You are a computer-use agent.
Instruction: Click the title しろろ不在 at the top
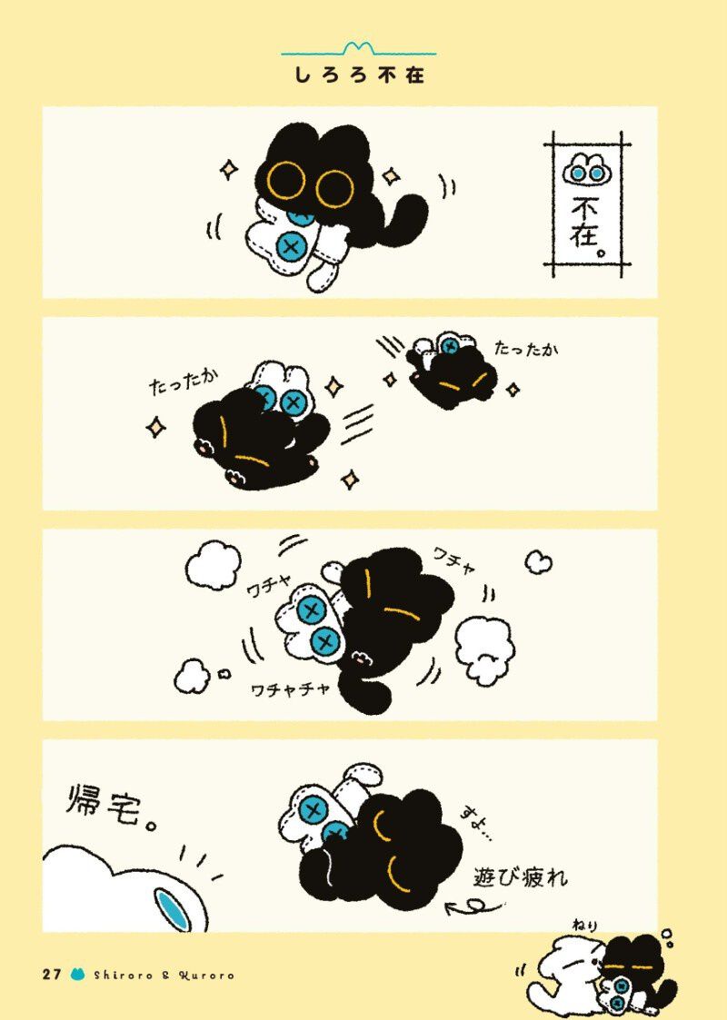(x=359, y=75)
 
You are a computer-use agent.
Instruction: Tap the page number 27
(x=52, y=975)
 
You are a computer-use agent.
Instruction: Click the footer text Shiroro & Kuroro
(x=164, y=975)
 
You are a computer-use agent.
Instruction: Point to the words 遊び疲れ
(x=521, y=878)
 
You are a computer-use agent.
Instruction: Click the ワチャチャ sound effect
(x=291, y=689)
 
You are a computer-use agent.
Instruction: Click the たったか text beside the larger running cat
(x=184, y=382)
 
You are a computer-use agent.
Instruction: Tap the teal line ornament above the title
(x=359, y=49)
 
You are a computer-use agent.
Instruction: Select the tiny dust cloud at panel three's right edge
(x=538, y=563)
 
